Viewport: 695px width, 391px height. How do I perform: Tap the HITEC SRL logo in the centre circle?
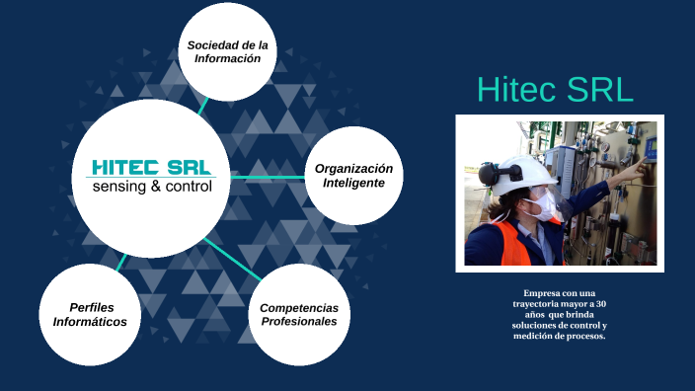click(x=151, y=167)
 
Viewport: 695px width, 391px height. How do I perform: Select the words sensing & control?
click(x=151, y=186)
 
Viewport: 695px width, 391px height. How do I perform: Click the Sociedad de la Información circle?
click(x=228, y=51)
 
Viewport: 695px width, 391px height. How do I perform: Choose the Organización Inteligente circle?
click(x=353, y=176)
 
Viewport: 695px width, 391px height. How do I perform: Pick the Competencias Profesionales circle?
click(x=299, y=314)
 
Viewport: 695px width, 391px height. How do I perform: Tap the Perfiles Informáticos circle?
click(x=90, y=314)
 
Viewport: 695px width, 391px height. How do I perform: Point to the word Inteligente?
click(x=353, y=184)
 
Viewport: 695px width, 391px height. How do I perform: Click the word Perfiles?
click(x=91, y=307)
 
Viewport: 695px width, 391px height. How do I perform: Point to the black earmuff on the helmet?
click(x=487, y=175)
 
